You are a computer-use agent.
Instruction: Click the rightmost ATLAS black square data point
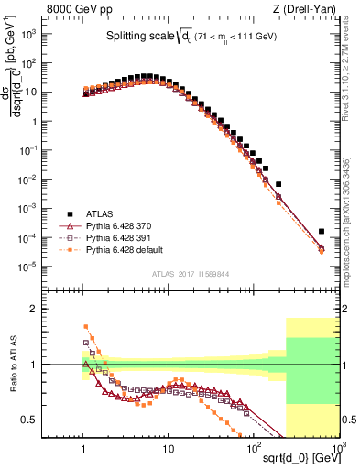(322, 232)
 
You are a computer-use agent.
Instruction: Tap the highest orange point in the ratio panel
(86, 326)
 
